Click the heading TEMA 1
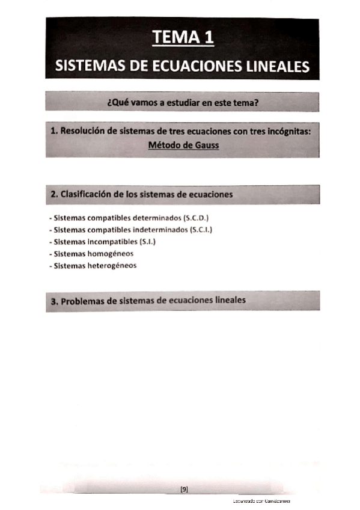(183, 37)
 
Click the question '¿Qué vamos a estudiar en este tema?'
(182, 102)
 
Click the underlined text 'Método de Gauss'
(182, 145)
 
